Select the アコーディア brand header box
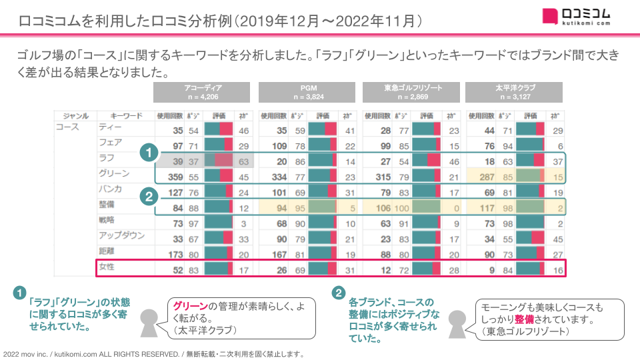coord(201,92)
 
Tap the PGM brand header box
coord(307,92)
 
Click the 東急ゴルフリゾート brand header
coord(412,92)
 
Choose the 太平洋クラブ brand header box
coord(515,92)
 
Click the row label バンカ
coord(110,190)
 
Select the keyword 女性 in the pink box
coord(107,268)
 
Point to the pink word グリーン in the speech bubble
coord(190,306)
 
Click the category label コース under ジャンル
coord(68,127)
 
